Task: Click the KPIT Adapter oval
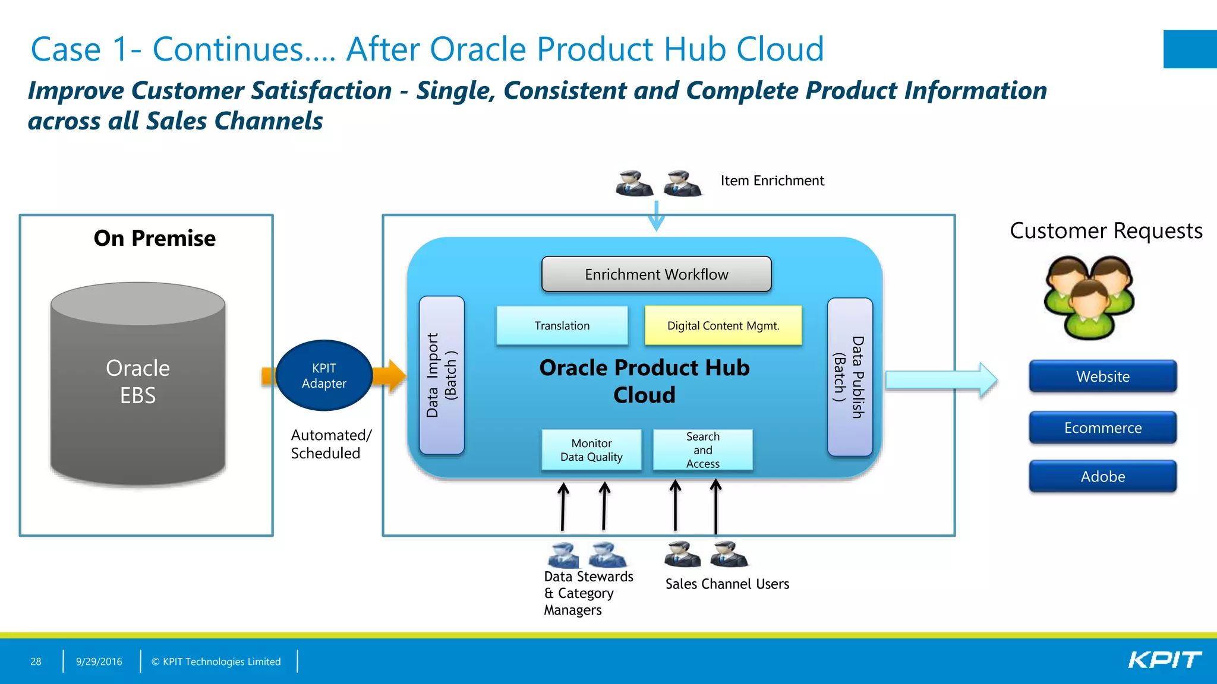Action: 324,375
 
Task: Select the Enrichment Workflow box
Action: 656,274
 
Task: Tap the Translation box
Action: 562,325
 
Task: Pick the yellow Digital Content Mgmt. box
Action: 723,325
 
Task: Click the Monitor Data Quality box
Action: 591,450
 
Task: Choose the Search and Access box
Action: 703,450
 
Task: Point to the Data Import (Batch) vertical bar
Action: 442,375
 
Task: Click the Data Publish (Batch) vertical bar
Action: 850,377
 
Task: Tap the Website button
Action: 1102,376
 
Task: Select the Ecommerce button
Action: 1102,427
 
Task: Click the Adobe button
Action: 1102,476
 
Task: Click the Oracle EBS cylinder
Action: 138,383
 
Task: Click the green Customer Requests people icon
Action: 1089,297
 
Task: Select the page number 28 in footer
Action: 36,661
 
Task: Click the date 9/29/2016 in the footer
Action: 99,661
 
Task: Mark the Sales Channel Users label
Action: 727,584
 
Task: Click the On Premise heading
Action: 155,238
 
